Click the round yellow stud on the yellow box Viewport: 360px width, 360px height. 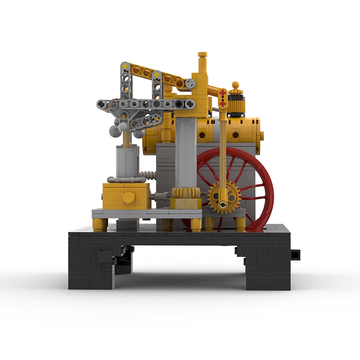129,197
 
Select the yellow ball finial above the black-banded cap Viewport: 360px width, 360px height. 235,85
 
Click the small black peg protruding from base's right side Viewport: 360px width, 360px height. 295,254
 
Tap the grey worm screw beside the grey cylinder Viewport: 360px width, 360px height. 147,175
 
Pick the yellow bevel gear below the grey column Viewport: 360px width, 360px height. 186,193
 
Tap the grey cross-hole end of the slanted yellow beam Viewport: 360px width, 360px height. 191,83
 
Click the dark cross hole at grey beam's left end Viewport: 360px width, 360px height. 102,104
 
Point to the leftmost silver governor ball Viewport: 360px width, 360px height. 115,131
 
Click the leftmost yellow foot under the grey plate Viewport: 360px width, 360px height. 100,224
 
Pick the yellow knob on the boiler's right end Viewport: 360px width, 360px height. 261,135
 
